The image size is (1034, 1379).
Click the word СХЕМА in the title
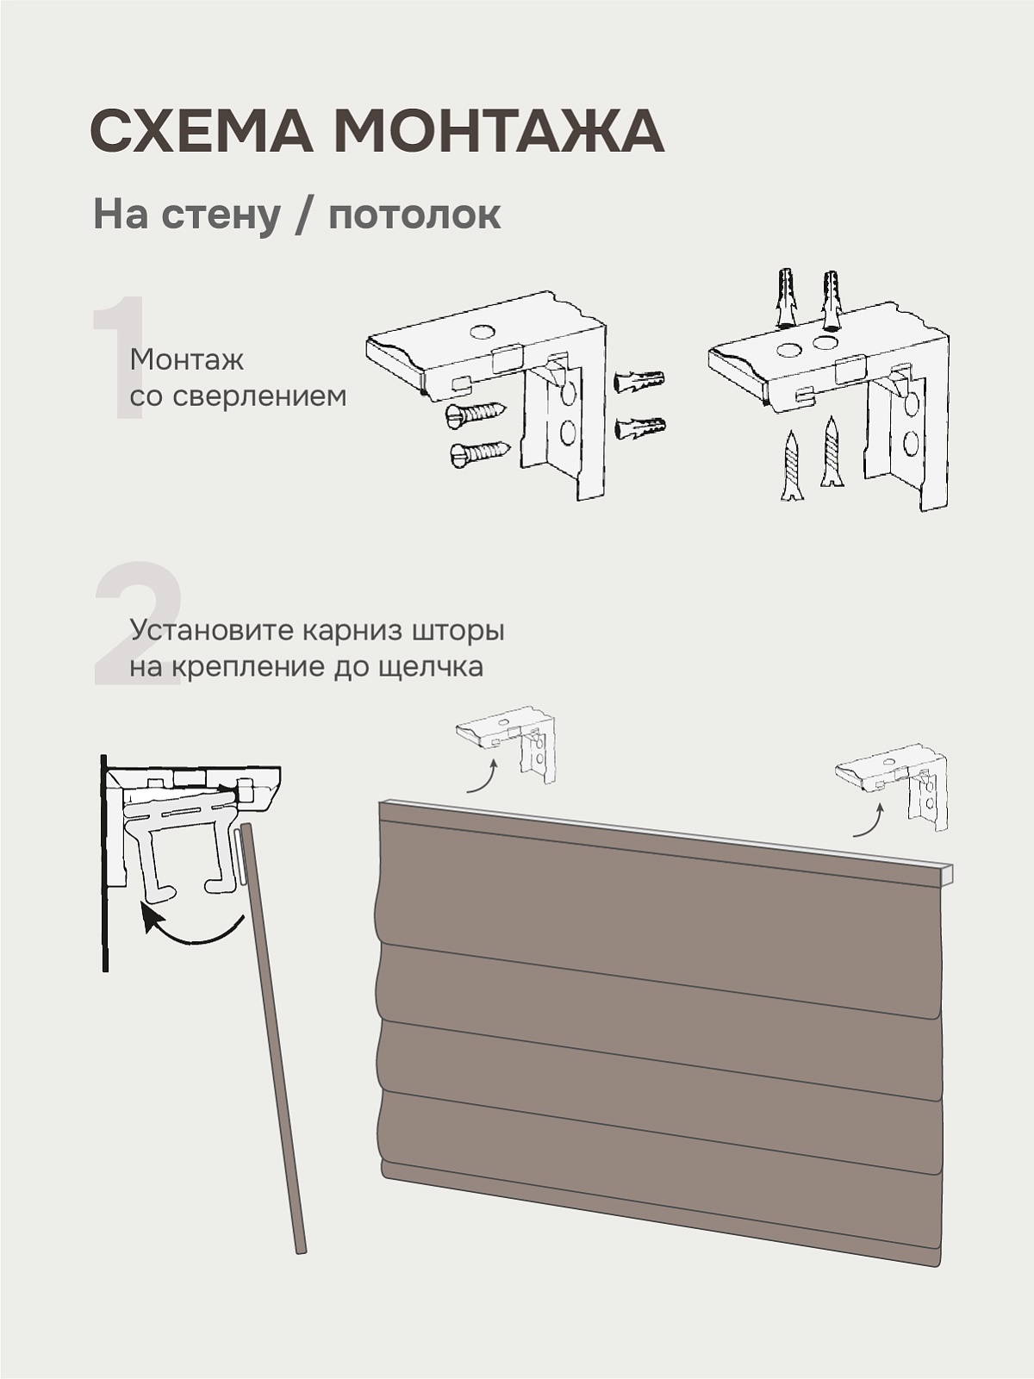coord(202,131)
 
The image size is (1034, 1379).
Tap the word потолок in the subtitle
coord(414,215)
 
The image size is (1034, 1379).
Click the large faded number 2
coord(138,622)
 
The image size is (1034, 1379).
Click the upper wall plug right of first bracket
coord(639,381)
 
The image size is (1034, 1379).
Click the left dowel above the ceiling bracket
coord(788,298)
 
